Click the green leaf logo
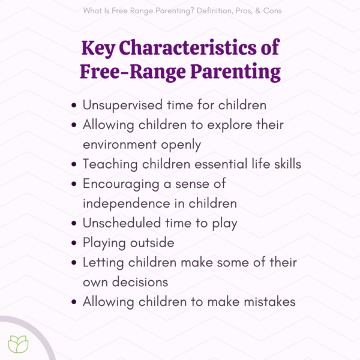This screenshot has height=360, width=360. click(18, 343)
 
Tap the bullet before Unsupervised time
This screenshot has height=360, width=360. click(74, 105)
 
